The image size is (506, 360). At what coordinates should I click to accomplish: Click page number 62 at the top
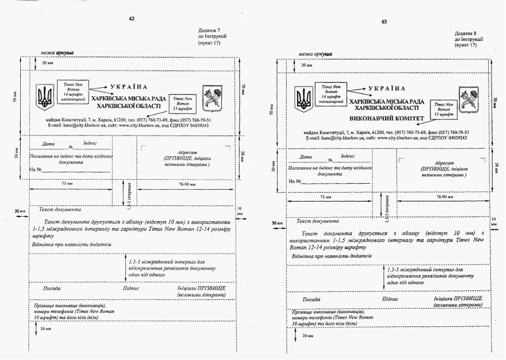point(132,18)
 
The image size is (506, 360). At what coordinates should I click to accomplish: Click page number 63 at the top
point(385,22)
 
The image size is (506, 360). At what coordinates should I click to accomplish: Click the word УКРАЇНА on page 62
point(129,87)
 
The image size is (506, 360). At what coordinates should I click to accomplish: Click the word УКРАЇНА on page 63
point(386,88)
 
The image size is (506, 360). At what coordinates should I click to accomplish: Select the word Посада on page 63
point(311,300)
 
